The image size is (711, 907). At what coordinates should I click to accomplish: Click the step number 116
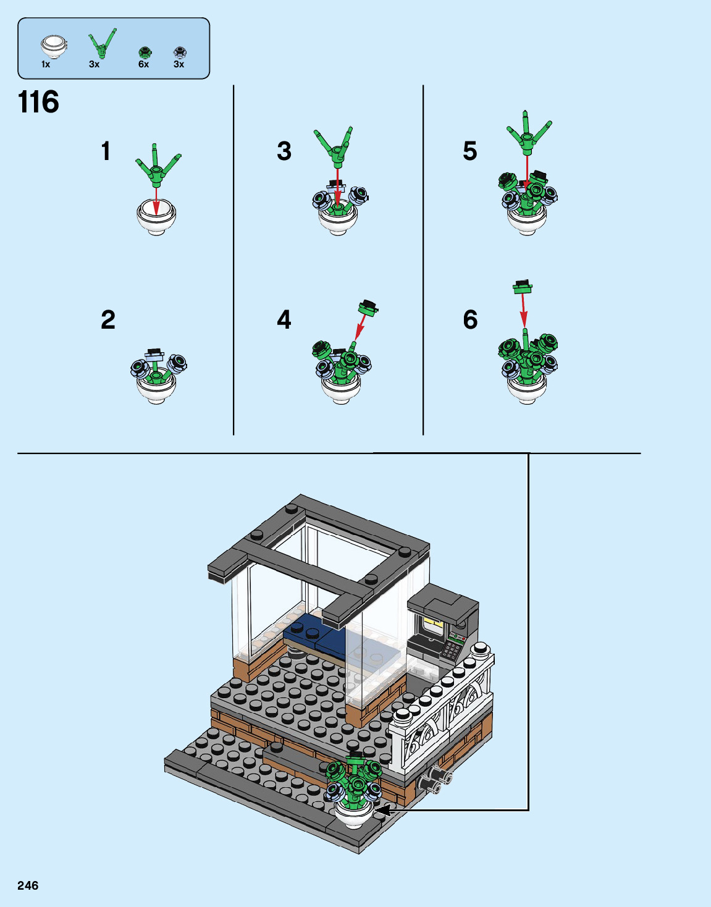coord(38,102)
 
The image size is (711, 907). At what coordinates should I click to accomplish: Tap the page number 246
coord(28,885)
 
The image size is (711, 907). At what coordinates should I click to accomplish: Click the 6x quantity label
coord(143,64)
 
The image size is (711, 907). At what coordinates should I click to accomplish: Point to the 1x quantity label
coord(46,64)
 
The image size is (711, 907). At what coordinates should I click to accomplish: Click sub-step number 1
coord(106,151)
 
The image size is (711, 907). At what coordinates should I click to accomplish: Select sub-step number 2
coord(108,320)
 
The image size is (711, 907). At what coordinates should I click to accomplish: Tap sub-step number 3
coord(284,151)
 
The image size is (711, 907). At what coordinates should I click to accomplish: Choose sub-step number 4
coord(284,320)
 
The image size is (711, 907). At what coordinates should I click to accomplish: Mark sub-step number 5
coord(470,151)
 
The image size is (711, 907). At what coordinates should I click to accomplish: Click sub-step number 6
coord(470,320)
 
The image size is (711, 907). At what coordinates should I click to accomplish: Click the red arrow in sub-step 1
coord(156,200)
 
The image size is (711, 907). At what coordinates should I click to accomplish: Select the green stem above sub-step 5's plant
coord(528,133)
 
